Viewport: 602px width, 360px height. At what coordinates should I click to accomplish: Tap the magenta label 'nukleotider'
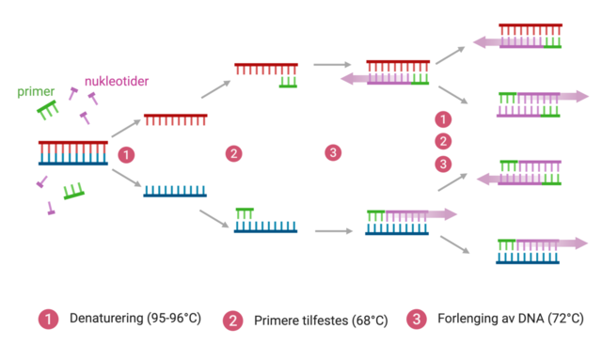click(x=118, y=81)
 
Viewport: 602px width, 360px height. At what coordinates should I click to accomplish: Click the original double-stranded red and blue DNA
click(x=72, y=152)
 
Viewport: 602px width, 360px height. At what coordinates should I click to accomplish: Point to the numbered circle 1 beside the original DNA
click(x=129, y=154)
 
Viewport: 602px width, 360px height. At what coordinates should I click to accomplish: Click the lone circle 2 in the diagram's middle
click(x=233, y=153)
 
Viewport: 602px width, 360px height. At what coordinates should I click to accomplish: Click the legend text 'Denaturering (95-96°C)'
click(x=132, y=320)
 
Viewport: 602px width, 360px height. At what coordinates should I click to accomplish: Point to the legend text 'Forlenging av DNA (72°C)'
click(x=511, y=319)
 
